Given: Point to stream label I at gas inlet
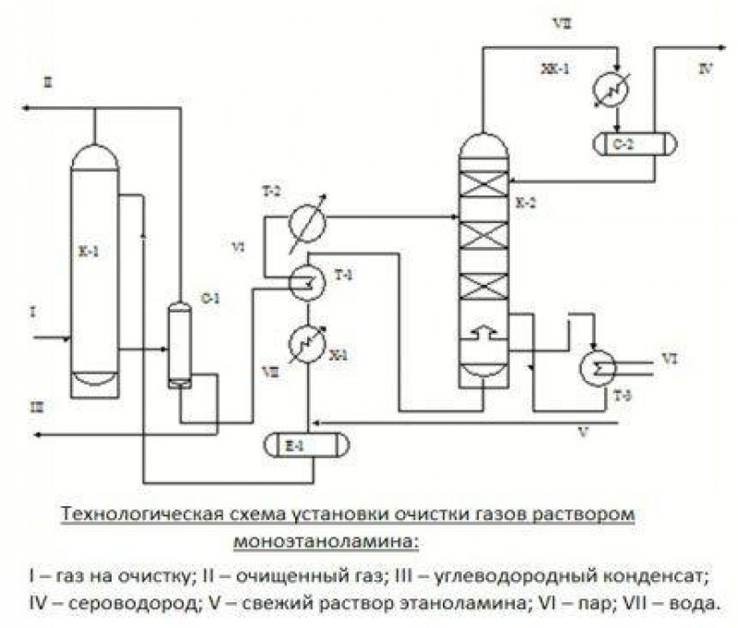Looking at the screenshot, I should (x=32, y=314).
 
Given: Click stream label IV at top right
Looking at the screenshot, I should (x=706, y=68).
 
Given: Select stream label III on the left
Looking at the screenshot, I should (x=34, y=405).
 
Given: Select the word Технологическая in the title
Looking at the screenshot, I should (x=125, y=513).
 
